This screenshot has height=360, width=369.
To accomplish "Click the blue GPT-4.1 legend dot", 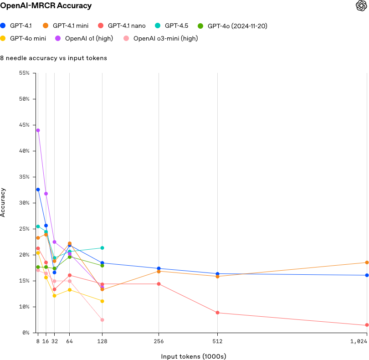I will (3, 26).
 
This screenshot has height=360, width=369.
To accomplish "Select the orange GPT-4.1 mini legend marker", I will (46, 26).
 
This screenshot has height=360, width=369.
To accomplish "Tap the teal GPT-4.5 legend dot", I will (158, 26).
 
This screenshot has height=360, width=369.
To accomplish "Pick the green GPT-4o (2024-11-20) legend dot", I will (200, 26).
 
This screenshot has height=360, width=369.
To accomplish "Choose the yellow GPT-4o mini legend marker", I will (3, 38).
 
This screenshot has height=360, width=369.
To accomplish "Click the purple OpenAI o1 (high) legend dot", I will (58, 38).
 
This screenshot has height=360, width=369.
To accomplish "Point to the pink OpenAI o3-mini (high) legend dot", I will (126, 38).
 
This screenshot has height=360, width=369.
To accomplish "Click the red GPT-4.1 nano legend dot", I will (101, 26).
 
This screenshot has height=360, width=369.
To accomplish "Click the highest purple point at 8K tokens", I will (38, 130).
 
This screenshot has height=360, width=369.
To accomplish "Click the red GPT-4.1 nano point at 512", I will (217, 313).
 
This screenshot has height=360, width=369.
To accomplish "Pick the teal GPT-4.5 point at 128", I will (102, 248).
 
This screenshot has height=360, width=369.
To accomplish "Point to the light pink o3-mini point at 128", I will (102, 320).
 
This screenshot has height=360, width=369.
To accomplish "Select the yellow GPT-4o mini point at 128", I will (102, 301).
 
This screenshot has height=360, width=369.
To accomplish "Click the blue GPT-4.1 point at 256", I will (159, 268).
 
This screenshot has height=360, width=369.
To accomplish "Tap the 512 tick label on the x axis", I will (217, 341).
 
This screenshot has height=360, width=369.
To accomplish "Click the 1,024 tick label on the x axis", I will (360, 341).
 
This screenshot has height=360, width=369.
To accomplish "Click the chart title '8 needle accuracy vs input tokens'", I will (54, 58).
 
